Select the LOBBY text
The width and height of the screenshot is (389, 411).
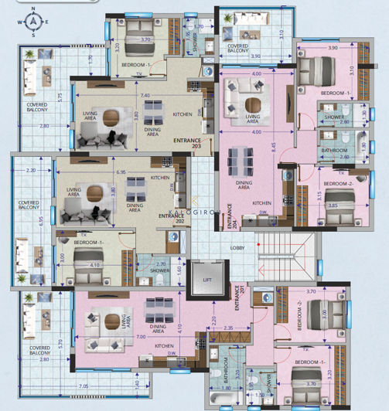click(237, 247)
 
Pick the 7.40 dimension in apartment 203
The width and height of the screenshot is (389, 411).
click(145, 95)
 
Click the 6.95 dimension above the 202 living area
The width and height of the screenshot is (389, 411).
click(121, 172)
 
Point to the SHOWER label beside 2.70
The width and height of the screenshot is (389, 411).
click(160, 271)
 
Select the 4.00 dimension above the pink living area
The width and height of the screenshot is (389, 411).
click(256, 73)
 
